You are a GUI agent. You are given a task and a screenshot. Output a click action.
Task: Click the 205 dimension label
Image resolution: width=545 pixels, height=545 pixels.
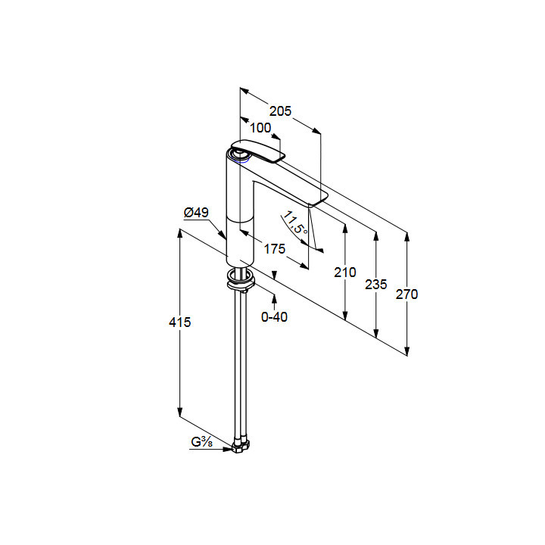click(x=280, y=111)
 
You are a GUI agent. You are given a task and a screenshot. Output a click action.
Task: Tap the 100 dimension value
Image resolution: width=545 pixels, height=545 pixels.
click(x=260, y=128)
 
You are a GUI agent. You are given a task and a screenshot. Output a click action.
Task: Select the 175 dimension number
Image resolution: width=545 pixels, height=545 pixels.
click(x=275, y=249)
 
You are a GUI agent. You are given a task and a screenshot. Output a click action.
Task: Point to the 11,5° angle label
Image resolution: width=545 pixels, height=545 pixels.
click(x=295, y=222)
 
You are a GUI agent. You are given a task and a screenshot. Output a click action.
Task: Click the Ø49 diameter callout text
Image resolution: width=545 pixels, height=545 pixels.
click(x=196, y=212)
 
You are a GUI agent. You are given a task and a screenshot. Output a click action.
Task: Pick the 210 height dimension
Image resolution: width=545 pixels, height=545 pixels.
click(x=345, y=272)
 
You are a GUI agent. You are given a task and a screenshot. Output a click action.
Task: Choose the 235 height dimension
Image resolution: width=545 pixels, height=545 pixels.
click(x=375, y=285)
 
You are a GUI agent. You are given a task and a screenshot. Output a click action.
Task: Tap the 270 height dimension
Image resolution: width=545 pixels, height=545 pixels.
click(x=406, y=294)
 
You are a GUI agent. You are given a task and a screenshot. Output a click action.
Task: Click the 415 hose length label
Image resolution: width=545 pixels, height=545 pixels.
click(x=179, y=322)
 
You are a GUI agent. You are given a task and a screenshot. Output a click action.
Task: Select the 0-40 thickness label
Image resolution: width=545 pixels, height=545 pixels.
click(x=274, y=316)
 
